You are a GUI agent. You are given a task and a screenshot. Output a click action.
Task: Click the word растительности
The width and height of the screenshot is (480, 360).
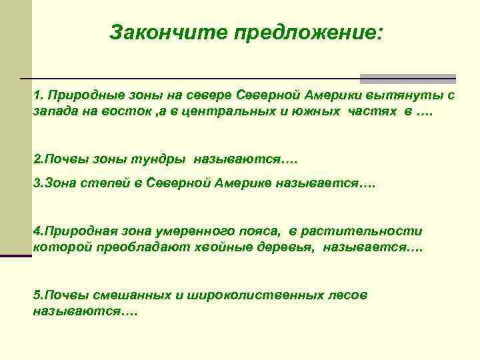click(x=361, y=231)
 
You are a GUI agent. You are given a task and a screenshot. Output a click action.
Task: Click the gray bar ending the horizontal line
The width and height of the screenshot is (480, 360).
click(x=408, y=79)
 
